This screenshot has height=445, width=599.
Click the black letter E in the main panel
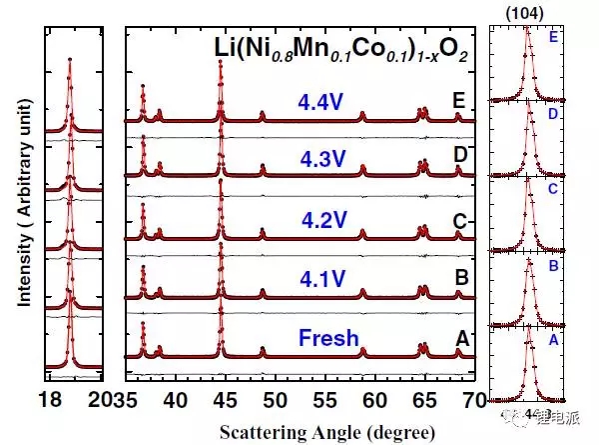458,100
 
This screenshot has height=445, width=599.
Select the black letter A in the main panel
461,339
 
